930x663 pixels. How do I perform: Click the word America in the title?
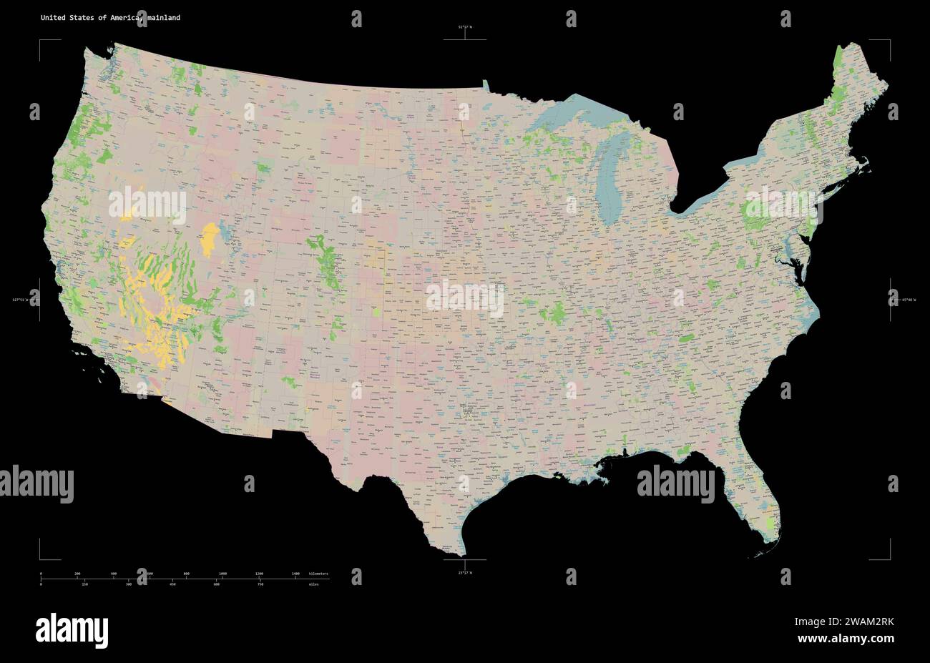[x=125, y=17]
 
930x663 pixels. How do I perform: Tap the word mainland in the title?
[x=165, y=17]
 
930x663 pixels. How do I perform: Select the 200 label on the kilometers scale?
[x=77, y=574]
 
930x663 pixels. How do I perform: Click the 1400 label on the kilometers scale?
[x=295, y=574]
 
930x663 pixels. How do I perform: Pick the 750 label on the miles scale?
[x=260, y=585]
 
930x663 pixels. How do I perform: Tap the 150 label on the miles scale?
[x=84, y=585]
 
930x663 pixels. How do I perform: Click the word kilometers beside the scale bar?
[x=319, y=574]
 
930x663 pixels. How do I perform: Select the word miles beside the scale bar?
[x=314, y=585]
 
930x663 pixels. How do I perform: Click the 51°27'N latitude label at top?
[x=465, y=27]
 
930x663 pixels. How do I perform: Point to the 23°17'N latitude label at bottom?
[x=465, y=572]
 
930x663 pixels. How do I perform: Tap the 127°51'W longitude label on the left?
[x=20, y=300]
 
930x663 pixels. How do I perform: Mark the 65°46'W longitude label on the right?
[x=909, y=300]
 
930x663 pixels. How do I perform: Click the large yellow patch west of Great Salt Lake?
[x=210, y=240]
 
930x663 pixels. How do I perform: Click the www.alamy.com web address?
[x=845, y=638]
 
